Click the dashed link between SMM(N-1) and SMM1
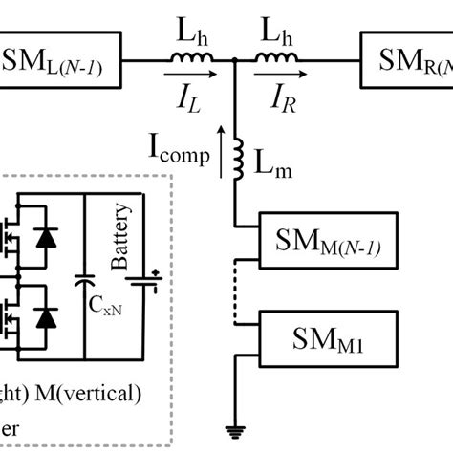(x=236, y=291)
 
